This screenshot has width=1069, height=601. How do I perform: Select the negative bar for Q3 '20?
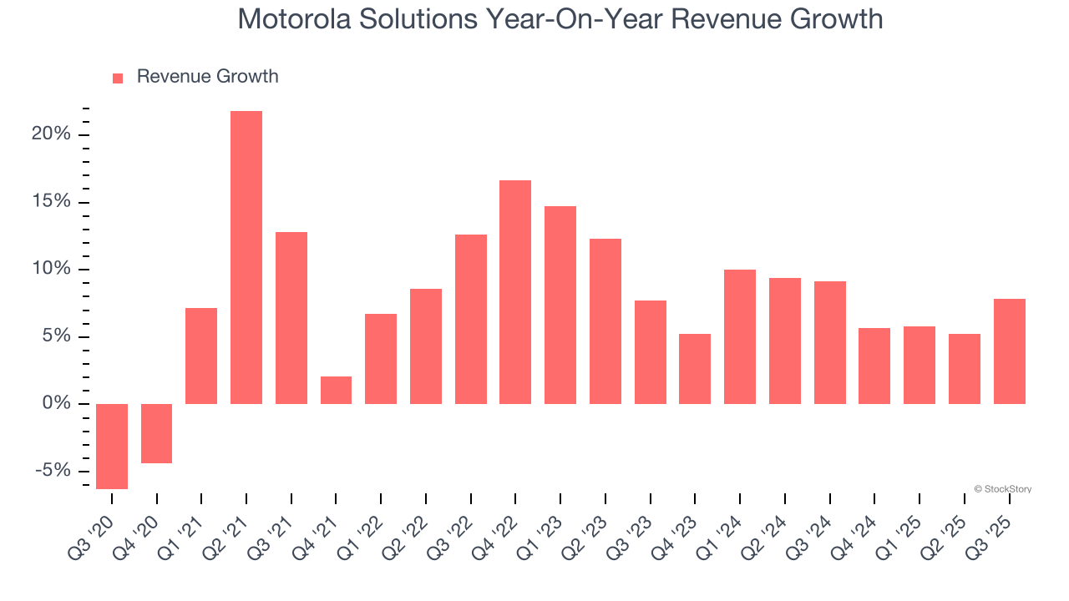112,447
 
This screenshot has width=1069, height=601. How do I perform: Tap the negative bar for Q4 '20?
156,433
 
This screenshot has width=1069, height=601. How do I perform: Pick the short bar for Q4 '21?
336,390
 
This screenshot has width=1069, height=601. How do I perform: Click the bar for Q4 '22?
515,292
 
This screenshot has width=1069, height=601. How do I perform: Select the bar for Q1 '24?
740,336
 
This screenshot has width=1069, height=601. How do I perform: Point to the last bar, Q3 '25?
1010,351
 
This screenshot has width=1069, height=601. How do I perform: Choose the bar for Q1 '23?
560,305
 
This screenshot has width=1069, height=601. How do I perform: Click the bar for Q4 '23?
695,369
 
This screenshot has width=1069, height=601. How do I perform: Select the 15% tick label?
53,203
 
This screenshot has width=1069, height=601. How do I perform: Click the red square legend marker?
118,78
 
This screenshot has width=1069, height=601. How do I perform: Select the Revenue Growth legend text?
207,77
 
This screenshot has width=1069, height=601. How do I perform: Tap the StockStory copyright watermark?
1002,489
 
